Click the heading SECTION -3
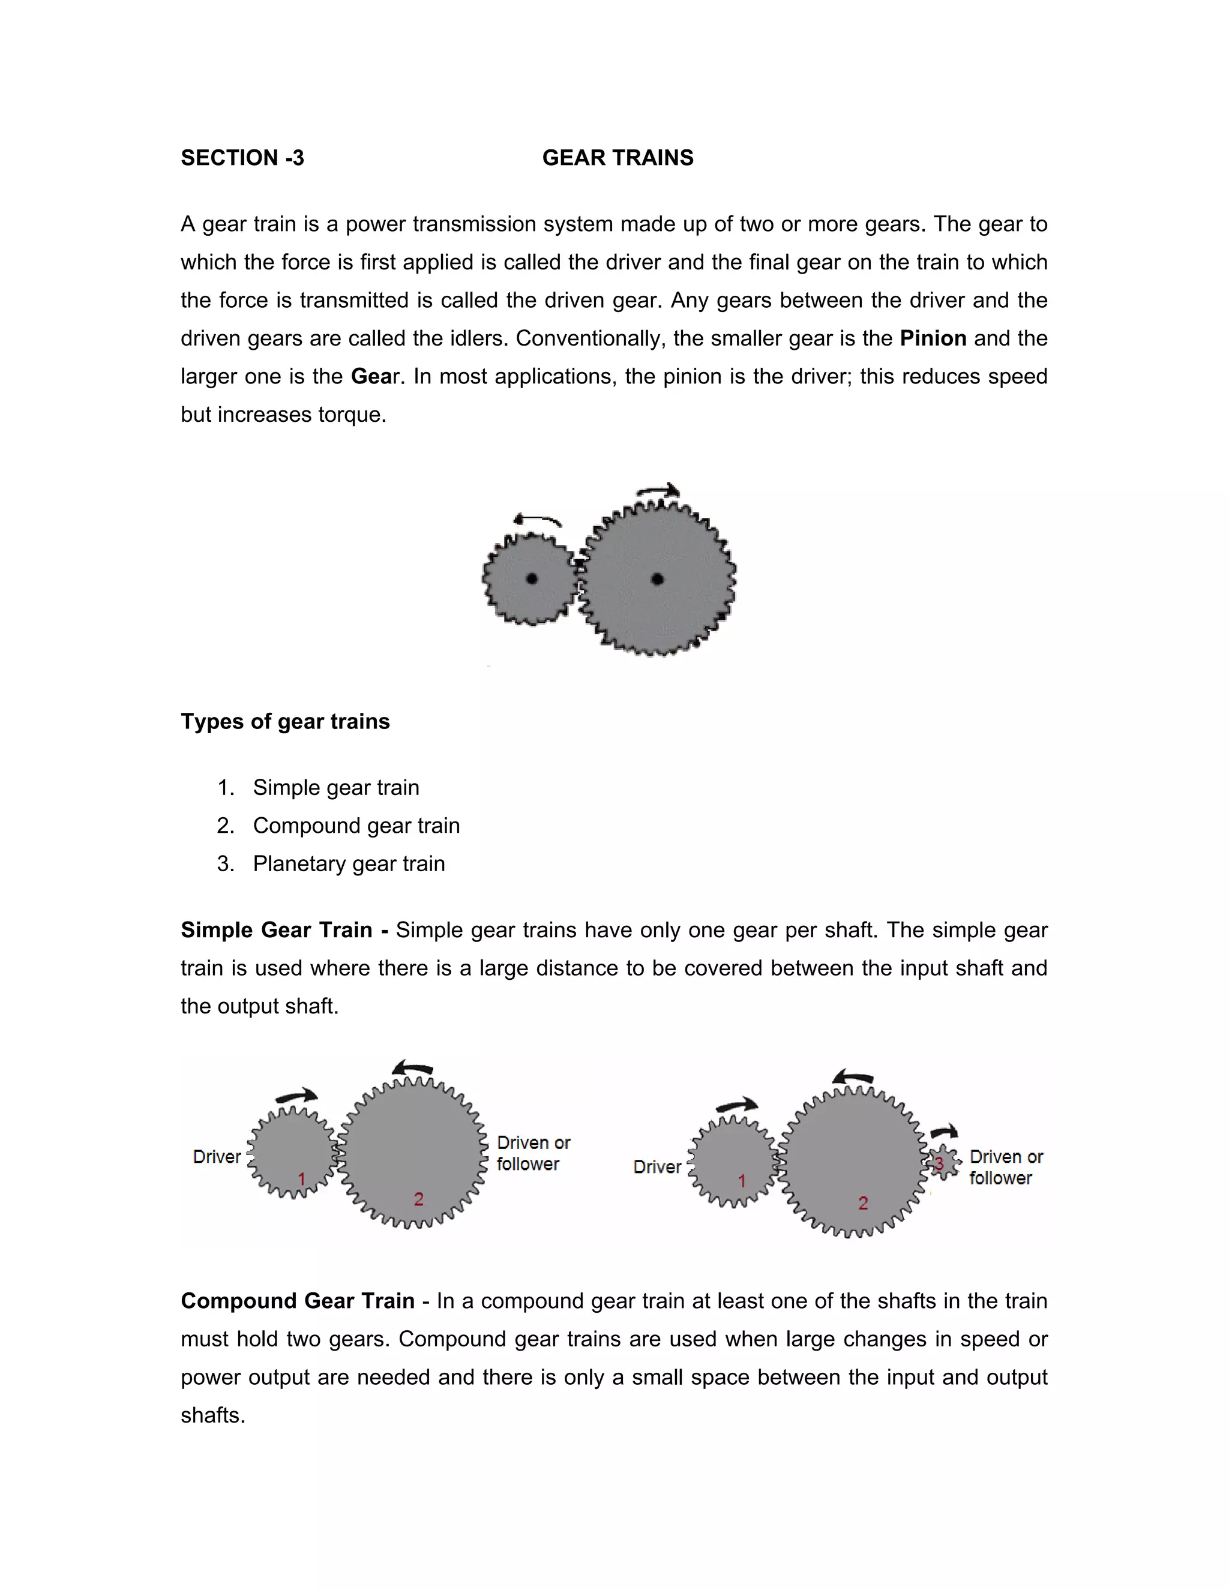(242, 158)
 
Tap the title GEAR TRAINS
(618, 158)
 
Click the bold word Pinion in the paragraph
(933, 338)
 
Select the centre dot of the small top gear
(532, 579)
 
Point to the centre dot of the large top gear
(658, 580)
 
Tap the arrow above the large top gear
(658, 491)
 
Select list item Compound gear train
(356, 826)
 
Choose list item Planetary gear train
(349, 863)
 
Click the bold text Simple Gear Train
(276, 931)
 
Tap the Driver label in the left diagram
(216, 1157)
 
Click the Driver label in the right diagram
(657, 1167)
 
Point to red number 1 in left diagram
(301, 1178)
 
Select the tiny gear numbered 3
(943, 1163)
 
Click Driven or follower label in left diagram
(533, 1153)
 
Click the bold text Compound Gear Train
(297, 1301)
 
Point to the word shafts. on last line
(212, 1415)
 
